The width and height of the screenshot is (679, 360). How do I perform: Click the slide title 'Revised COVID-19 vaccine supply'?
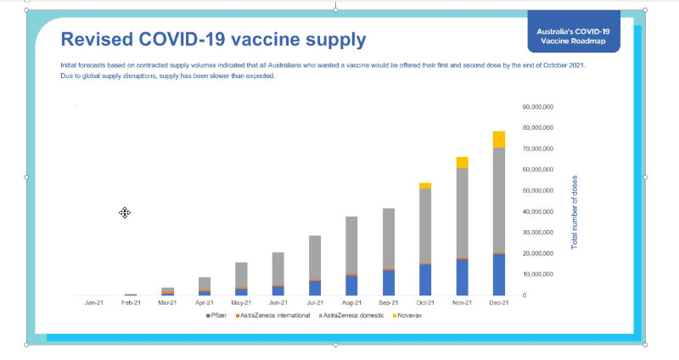pos(213,39)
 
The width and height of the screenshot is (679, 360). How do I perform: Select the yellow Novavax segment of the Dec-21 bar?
pos(498,139)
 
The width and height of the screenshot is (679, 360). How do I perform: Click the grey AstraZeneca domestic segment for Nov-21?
pos(462,212)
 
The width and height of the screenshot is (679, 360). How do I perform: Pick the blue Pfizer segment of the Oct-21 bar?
pos(424,279)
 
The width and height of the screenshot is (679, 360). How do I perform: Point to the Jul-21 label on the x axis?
pos(314,302)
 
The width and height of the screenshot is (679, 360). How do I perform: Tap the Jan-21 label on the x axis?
pos(94,302)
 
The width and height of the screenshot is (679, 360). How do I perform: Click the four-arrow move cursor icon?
pos(125,212)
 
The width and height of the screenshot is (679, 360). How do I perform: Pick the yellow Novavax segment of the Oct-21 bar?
pos(424,185)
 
